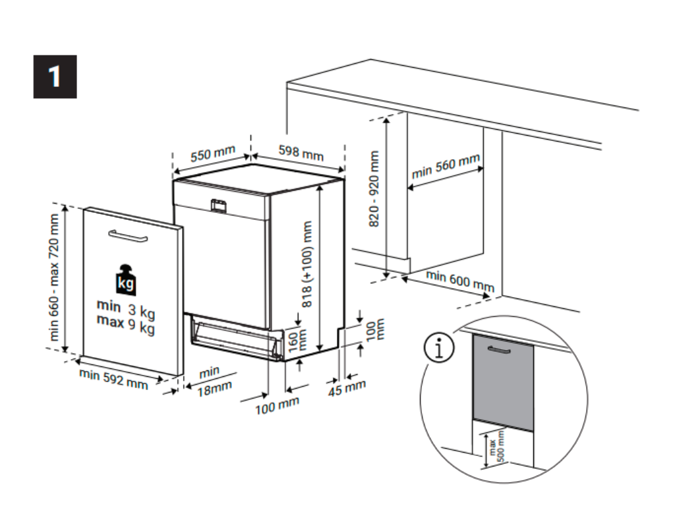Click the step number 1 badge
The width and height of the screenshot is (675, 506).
(55, 76)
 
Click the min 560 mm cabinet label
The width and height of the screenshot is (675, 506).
(446, 168)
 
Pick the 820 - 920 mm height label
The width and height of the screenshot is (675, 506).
(374, 189)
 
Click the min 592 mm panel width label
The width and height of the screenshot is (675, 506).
(113, 380)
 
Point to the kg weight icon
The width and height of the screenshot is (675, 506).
(126, 281)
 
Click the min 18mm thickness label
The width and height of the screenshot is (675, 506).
(213, 380)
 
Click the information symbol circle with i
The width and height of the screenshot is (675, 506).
(440, 349)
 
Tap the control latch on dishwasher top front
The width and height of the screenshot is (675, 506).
(218, 206)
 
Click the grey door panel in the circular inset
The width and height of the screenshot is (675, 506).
(502, 381)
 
